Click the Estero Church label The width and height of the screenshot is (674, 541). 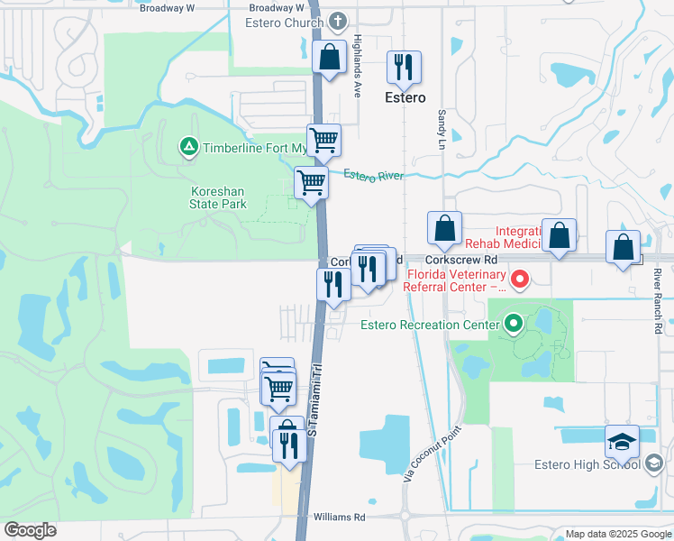pyautogui.click(x=284, y=23)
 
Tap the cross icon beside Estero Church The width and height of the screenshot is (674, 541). pyautogui.click(x=338, y=20)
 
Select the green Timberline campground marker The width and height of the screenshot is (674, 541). pyautogui.click(x=188, y=147)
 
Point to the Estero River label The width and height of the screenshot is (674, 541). pyautogui.click(x=373, y=176)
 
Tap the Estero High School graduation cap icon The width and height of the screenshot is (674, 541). pyautogui.click(x=622, y=442)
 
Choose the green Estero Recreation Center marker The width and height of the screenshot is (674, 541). pyautogui.click(x=514, y=322)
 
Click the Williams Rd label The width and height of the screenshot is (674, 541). pyautogui.click(x=339, y=518)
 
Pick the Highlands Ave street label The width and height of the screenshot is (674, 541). pyautogui.click(x=357, y=54)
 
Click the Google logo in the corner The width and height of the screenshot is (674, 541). pyautogui.click(x=30, y=530)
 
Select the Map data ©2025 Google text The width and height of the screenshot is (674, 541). pyautogui.click(x=618, y=534)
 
